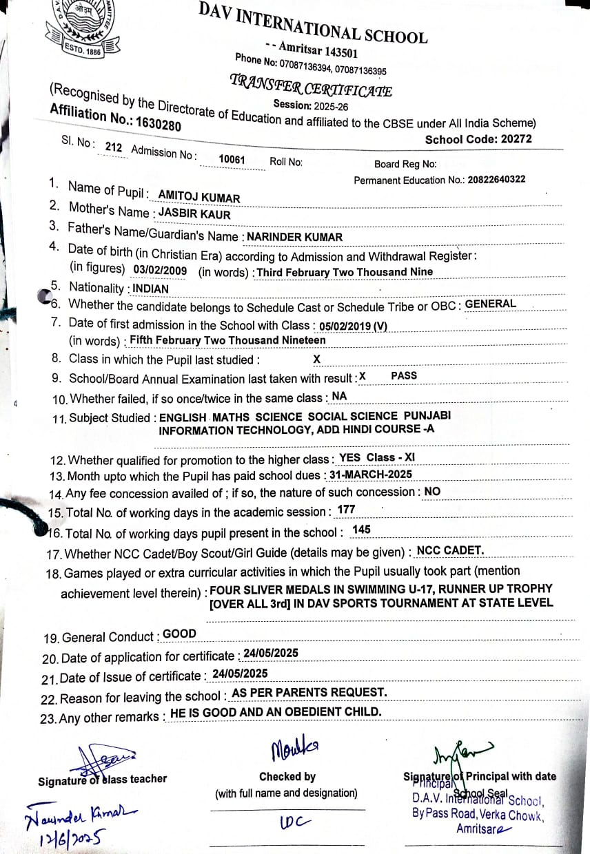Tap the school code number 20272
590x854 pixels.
[x=516, y=139]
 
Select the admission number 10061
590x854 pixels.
[x=232, y=159]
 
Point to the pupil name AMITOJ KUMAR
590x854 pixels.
[x=199, y=198]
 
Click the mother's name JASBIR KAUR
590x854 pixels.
[x=194, y=213]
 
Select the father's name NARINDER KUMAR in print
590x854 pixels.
[x=294, y=237]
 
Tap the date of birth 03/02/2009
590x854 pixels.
[x=160, y=270]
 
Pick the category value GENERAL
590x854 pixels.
[x=491, y=304]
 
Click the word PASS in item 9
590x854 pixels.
[x=404, y=376]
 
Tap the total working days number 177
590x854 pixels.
[x=346, y=510]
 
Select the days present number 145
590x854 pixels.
[x=361, y=530]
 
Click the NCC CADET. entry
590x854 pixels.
[x=450, y=550]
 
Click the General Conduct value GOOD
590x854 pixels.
[x=179, y=634]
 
